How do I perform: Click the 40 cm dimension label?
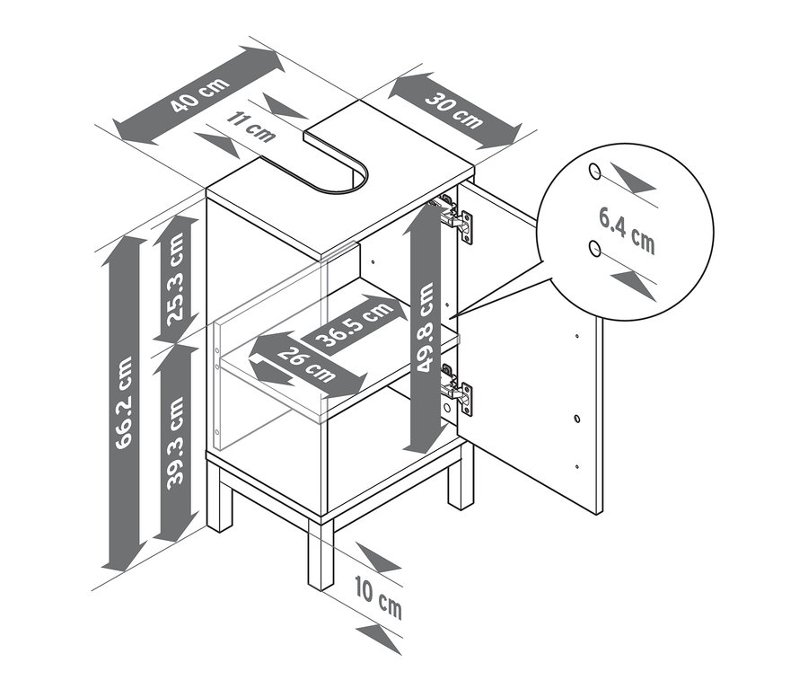pos(200,95)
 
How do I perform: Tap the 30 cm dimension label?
pos(454,110)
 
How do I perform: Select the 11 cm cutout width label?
pos(251,127)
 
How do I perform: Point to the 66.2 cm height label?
pos(124,402)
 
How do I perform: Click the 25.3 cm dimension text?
pos(175,279)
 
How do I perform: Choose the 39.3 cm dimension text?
pos(175,441)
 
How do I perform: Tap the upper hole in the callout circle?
pos(594,172)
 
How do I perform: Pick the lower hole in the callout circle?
pos(594,248)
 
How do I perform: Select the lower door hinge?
pos(455,388)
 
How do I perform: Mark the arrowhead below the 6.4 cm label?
pos(633,287)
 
